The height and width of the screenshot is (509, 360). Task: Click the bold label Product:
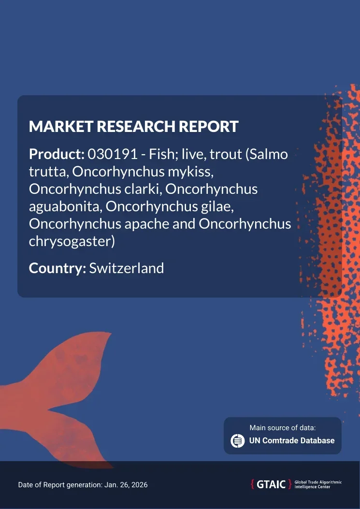coord(57,154)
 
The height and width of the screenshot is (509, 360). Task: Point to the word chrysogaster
coord(70,242)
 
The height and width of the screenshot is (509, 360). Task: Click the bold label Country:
coord(58,268)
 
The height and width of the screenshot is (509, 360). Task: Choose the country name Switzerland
coord(127,268)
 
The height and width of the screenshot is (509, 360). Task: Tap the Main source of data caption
coord(282,428)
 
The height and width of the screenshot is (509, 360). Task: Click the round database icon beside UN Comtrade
coord(238,441)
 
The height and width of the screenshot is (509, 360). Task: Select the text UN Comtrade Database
coord(291,441)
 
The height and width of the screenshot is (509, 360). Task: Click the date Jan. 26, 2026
coord(126,485)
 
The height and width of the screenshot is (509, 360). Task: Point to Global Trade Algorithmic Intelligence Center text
coord(318,485)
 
